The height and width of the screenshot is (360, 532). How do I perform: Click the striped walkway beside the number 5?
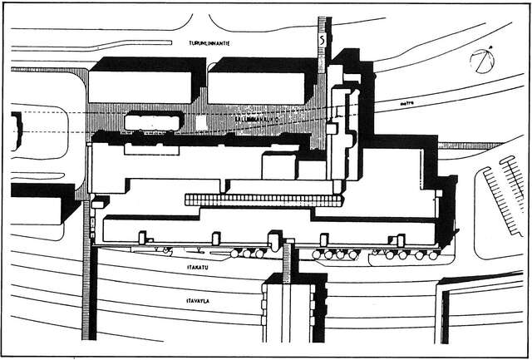(x=323, y=58)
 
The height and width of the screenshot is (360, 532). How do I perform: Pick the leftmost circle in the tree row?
(x=236, y=253)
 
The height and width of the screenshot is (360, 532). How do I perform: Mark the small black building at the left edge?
(x=16, y=131)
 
